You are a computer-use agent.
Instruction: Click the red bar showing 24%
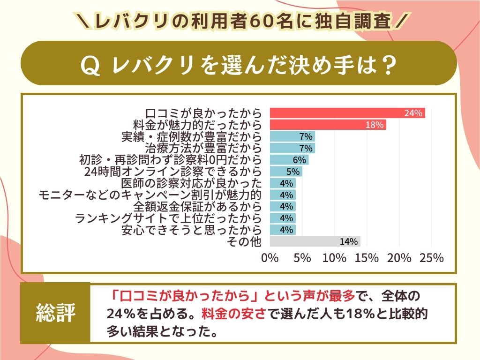point(347,113)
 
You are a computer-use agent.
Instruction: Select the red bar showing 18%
point(328,125)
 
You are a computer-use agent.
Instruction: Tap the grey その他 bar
point(315,241)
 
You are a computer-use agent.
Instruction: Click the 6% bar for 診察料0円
point(289,160)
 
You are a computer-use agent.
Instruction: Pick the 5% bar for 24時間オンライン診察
point(286,172)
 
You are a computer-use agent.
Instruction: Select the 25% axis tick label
point(431,258)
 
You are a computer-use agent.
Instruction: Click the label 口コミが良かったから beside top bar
point(203,113)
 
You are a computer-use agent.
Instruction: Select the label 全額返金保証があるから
point(197,207)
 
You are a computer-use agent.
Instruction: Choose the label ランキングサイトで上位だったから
point(168,218)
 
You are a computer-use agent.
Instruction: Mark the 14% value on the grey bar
point(349,242)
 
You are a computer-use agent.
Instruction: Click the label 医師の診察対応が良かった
point(191,183)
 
